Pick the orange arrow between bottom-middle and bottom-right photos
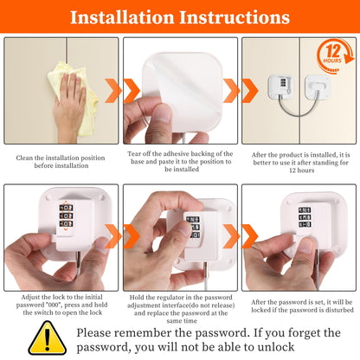(x=247, y=235)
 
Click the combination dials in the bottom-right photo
(x=305, y=216)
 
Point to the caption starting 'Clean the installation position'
(x=61, y=163)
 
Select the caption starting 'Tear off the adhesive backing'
(x=180, y=163)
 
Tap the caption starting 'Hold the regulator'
(x=180, y=308)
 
